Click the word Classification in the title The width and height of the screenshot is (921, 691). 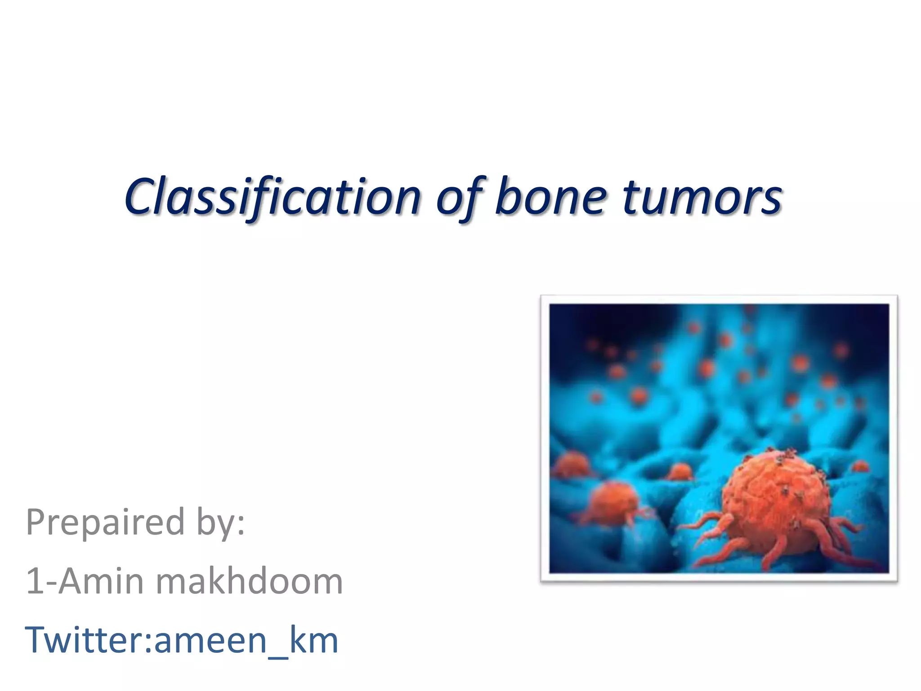272,197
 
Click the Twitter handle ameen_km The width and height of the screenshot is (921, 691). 246,640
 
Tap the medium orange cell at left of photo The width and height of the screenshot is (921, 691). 614,502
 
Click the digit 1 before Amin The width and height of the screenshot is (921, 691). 34,581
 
